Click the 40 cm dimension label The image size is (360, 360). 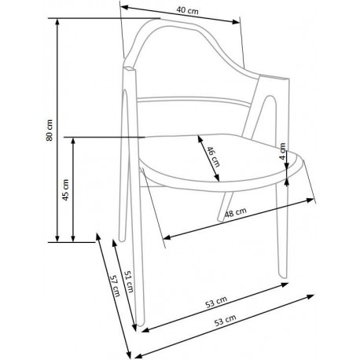[x=186, y=10]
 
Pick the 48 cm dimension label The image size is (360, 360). [x=237, y=212]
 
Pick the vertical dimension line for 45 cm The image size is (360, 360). [x=74, y=189]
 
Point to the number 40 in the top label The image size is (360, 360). [x=180, y=10]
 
